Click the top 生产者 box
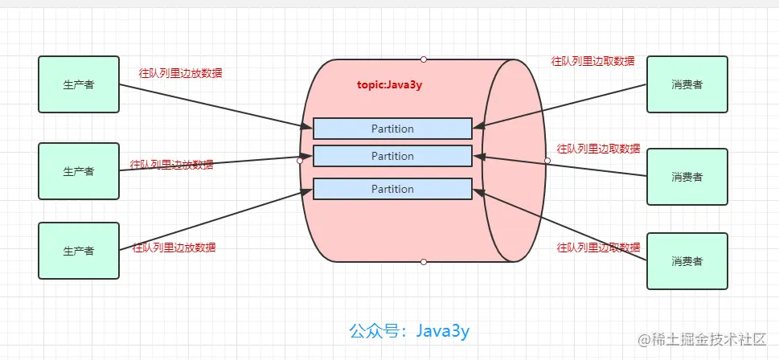point(79,84)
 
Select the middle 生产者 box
point(79,171)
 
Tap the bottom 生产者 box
point(79,251)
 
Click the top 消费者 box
point(687,84)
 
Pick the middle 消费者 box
point(687,176)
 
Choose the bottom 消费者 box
point(687,261)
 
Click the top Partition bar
point(392,129)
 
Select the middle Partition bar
point(392,156)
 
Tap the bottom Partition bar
point(392,189)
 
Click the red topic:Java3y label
point(389,85)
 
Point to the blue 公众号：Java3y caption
point(409,331)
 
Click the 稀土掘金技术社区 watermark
point(702,340)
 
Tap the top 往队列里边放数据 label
point(180,73)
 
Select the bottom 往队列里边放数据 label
point(174,247)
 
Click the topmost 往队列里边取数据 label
point(592,61)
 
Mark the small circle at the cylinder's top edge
point(424,59)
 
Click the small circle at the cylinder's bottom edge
point(424,262)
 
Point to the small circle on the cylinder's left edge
point(300,161)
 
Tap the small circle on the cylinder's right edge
point(547,161)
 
